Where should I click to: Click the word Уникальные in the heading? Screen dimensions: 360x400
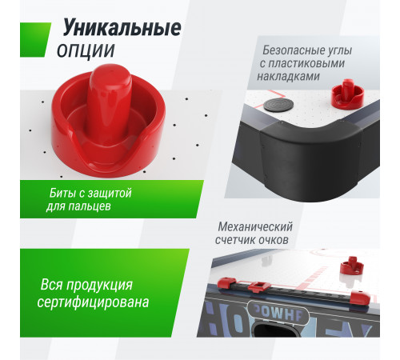[122, 30]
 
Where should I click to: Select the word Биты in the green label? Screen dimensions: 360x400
[62, 194]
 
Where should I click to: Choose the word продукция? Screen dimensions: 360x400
[100, 285]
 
